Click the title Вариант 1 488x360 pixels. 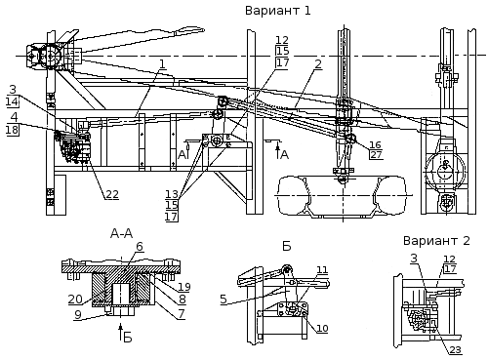point(277,11)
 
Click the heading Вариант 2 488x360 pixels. point(436,241)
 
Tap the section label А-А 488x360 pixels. point(121,233)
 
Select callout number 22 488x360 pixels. point(111,194)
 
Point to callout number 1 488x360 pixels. point(162,63)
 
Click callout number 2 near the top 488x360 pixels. point(318,63)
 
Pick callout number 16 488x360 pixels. point(375,144)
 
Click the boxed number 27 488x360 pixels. point(376,154)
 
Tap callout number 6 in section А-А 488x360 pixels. point(140,247)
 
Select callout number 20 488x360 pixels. point(75,299)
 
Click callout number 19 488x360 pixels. point(184,287)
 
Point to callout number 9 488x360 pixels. point(77,315)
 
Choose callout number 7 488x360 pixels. point(181,314)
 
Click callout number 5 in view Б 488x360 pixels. point(224,299)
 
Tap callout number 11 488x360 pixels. point(322,270)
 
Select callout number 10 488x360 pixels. point(322,328)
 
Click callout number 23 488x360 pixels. point(456,349)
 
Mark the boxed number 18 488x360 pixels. point(13,130)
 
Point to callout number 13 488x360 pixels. point(172,194)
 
